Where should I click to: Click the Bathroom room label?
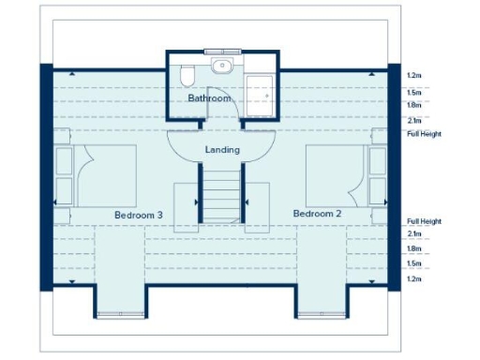pos(208,97)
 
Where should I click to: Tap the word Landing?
pos(222,149)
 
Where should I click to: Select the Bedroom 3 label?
pos(139,215)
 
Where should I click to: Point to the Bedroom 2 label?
pos(317,214)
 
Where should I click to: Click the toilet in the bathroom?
pos(187,74)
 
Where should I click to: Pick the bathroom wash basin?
pos(222,66)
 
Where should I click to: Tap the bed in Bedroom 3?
pos(105,174)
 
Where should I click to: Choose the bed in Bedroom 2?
pos(336,174)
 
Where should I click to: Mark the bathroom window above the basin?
pos(222,52)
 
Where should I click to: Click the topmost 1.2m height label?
pos(413,75)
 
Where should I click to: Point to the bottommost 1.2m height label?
pos(413,279)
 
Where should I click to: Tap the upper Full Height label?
pos(424,134)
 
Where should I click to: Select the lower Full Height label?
pos(424,221)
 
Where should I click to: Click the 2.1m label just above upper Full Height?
pos(413,121)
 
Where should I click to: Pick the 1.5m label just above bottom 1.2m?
pos(413,264)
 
